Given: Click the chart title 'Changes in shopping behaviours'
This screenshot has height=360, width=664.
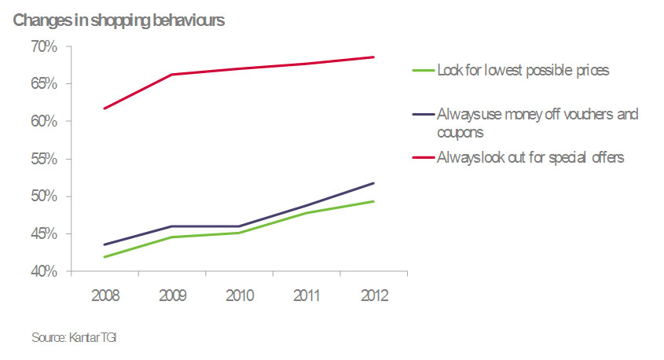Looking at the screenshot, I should pos(119,21).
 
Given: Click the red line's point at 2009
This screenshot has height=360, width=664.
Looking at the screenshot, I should pos(171,75).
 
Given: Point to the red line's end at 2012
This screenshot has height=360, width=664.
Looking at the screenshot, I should pos(374,57).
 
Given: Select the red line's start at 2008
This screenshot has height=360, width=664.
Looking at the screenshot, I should pos(104,108).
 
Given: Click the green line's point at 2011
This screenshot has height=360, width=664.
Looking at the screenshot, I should pos(306,213).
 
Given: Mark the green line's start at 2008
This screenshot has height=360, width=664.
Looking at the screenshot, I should pos(104,257).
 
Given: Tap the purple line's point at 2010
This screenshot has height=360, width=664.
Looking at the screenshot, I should pos(239,226).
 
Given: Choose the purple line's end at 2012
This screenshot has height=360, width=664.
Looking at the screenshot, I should pos(374,183).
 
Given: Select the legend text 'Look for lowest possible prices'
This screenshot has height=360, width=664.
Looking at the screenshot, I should pos(523,71).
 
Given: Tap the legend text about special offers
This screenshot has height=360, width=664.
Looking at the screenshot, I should pos(530,157).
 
